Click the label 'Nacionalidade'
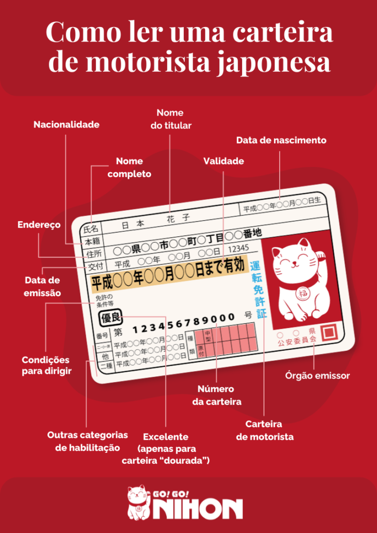click(66, 125)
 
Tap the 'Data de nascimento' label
click(281, 141)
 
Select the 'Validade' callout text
click(223, 161)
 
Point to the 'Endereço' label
click(39, 225)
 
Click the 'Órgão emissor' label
click(318, 375)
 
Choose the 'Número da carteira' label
click(216, 395)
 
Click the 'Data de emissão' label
click(43, 287)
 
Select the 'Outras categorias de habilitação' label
click(87, 441)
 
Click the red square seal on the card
click(329, 332)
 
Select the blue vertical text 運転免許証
click(258, 289)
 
